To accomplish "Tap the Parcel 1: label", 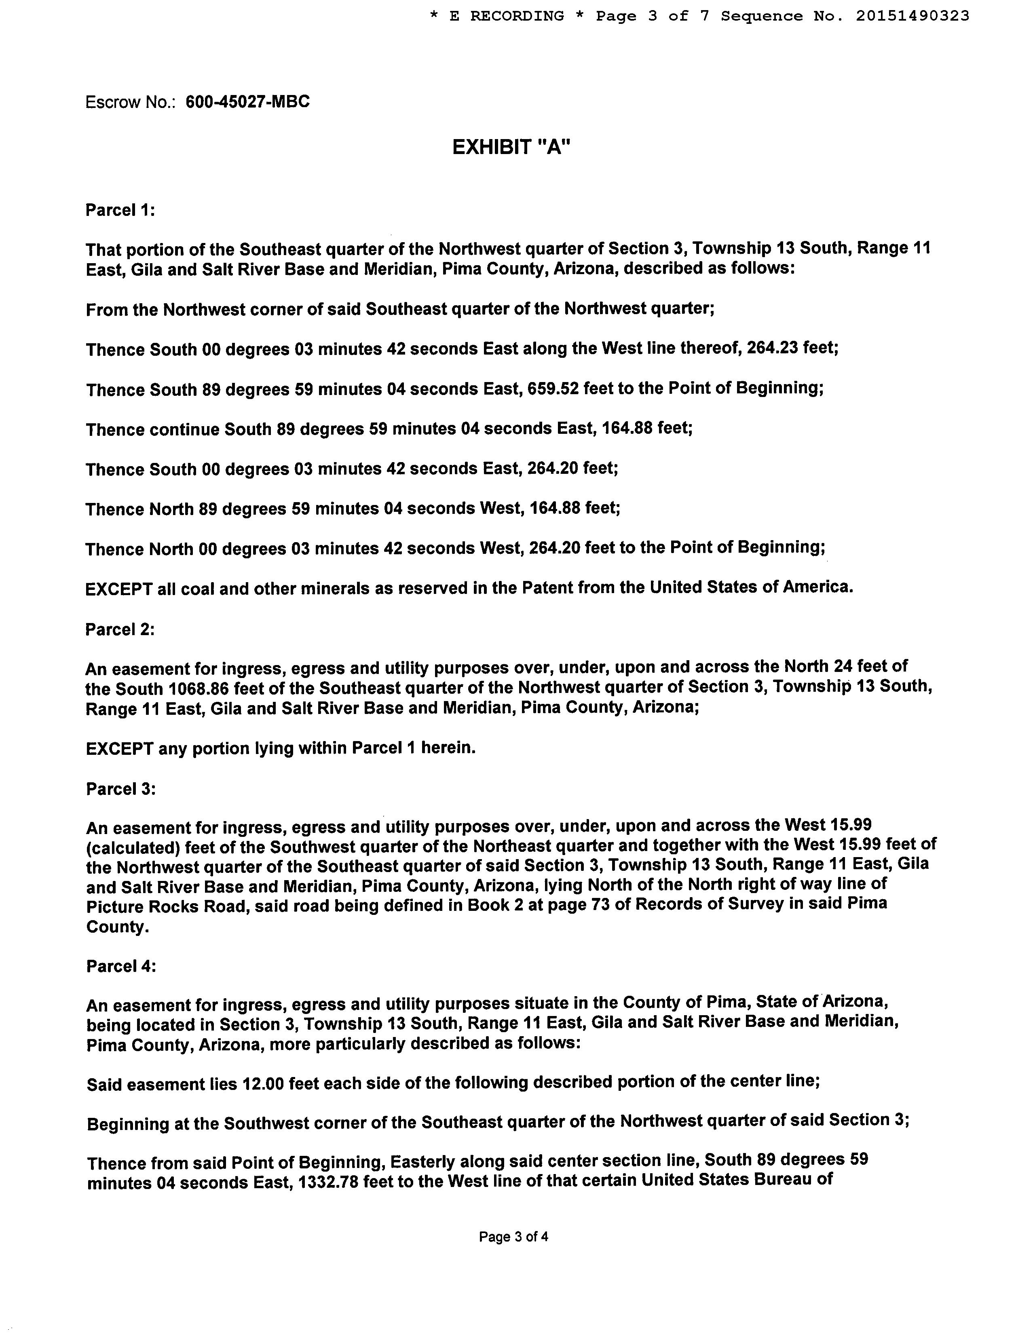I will tap(120, 210).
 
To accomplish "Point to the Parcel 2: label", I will tap(120, 629).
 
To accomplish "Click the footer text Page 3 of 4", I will tap(513, 1237).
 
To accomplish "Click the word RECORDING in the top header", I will tap(516, 16).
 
